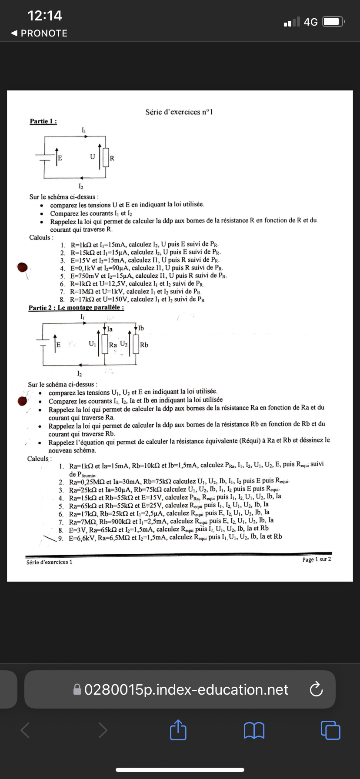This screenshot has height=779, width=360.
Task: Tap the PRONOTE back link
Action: coord(39,33)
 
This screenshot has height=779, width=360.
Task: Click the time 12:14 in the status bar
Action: coord(45,16)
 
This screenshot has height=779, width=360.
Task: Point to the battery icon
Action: coord(334,22)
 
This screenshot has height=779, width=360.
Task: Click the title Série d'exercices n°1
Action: coord(179,112)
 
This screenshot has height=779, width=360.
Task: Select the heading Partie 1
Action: coord(43,121)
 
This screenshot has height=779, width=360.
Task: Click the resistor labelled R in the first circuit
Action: coord(105,157)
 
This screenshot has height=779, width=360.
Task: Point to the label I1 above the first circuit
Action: coord(83,130)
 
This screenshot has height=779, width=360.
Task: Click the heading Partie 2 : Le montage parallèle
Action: coord(76,308)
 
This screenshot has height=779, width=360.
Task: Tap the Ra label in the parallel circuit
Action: coord(113,345)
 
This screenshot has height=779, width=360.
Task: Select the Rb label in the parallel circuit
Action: coord(144,345)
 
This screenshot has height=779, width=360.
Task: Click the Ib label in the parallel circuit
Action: coord(141,328)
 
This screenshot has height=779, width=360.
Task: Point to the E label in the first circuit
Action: coord(60,158)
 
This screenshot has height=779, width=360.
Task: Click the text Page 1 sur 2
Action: coord(317,559)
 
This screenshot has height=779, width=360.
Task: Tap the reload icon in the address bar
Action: coord(316,689)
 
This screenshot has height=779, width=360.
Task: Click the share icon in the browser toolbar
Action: coord(178,730)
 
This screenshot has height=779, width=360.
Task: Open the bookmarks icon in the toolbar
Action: coord(254,730)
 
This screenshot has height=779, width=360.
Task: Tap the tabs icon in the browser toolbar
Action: coord(330,730)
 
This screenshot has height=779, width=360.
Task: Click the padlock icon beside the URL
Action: coord(77,689)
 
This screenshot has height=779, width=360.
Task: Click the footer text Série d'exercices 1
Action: coord(49,562)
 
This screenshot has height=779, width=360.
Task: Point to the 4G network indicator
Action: coord(310,22)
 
